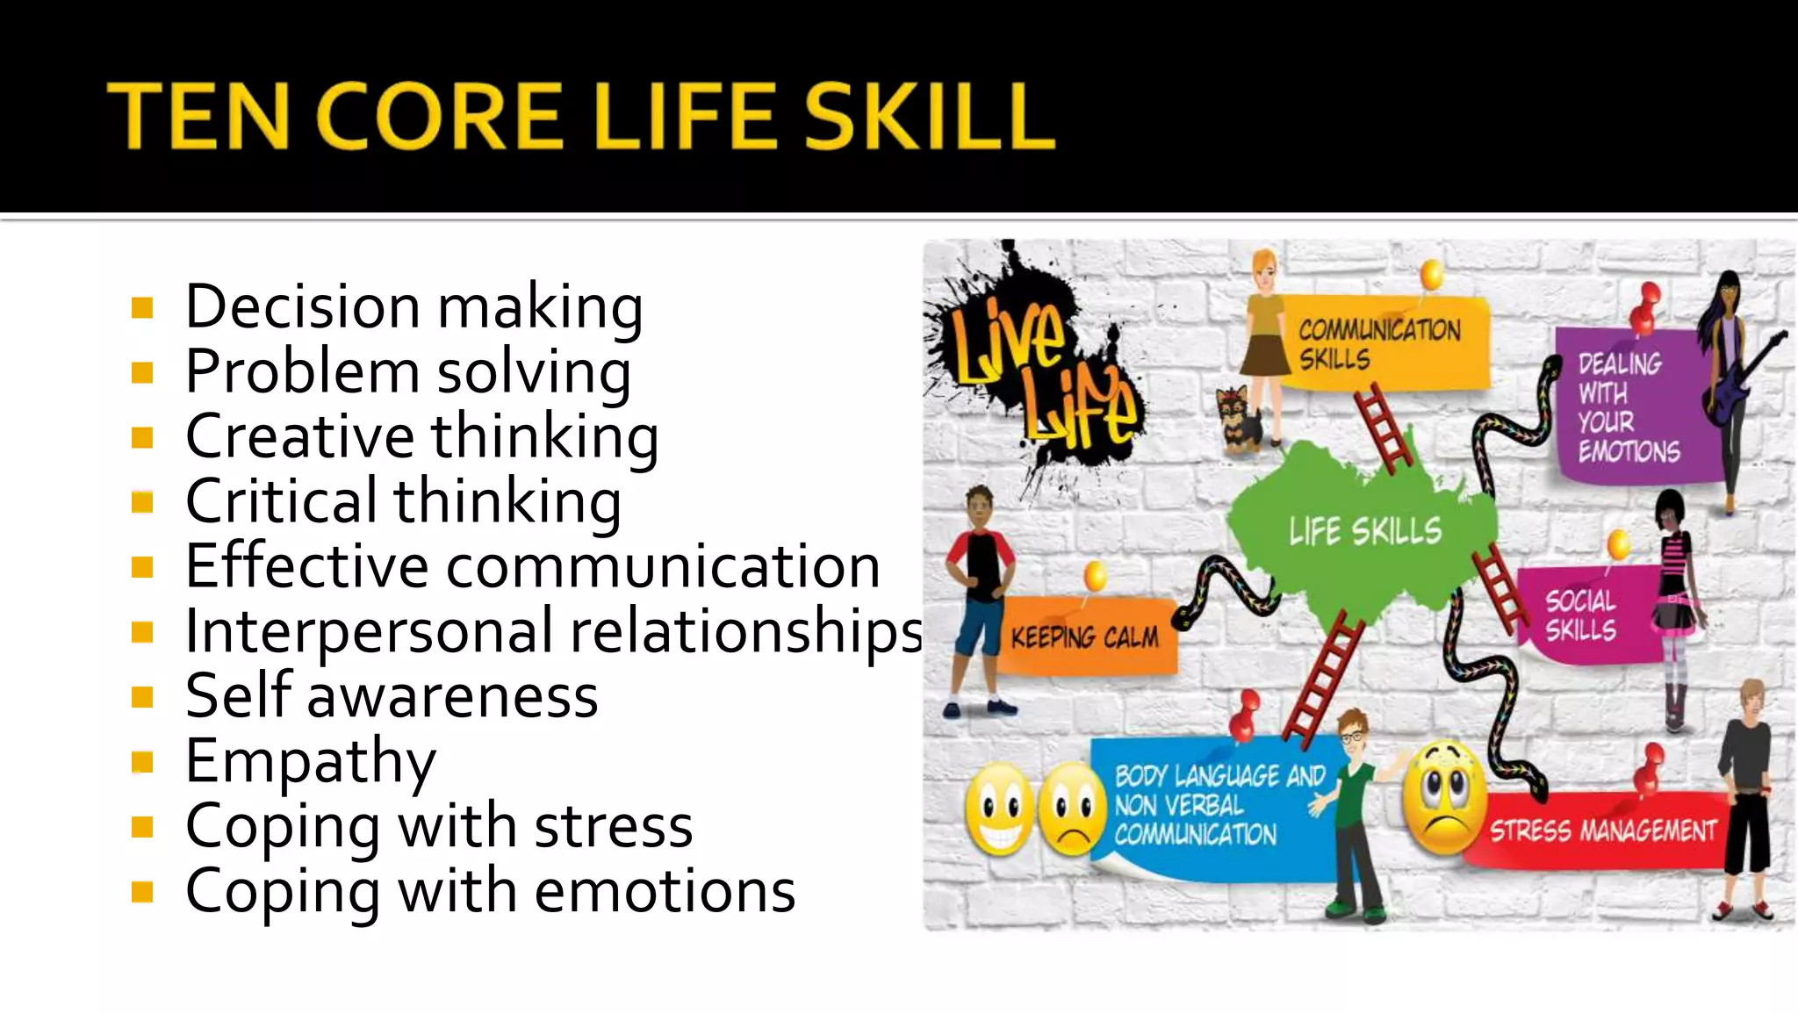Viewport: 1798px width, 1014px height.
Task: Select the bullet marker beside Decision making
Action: point(142,308)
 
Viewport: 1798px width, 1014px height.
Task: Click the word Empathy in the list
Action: point(310,760)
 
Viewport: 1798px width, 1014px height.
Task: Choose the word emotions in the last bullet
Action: point(665,890)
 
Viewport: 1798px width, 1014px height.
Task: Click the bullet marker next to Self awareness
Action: point(142,697)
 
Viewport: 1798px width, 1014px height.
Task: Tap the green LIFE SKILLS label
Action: point(1364,531)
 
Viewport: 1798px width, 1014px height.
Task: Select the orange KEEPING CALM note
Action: point(1084,636)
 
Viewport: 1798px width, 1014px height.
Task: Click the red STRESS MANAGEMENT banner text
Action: point(1602,830)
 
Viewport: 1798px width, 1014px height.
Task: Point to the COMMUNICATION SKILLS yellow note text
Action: point(1378,344)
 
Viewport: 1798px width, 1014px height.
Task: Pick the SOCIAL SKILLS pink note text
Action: point(1580,615)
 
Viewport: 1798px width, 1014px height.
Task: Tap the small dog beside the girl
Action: point(1239,420)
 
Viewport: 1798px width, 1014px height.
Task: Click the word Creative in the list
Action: point(299,435)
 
